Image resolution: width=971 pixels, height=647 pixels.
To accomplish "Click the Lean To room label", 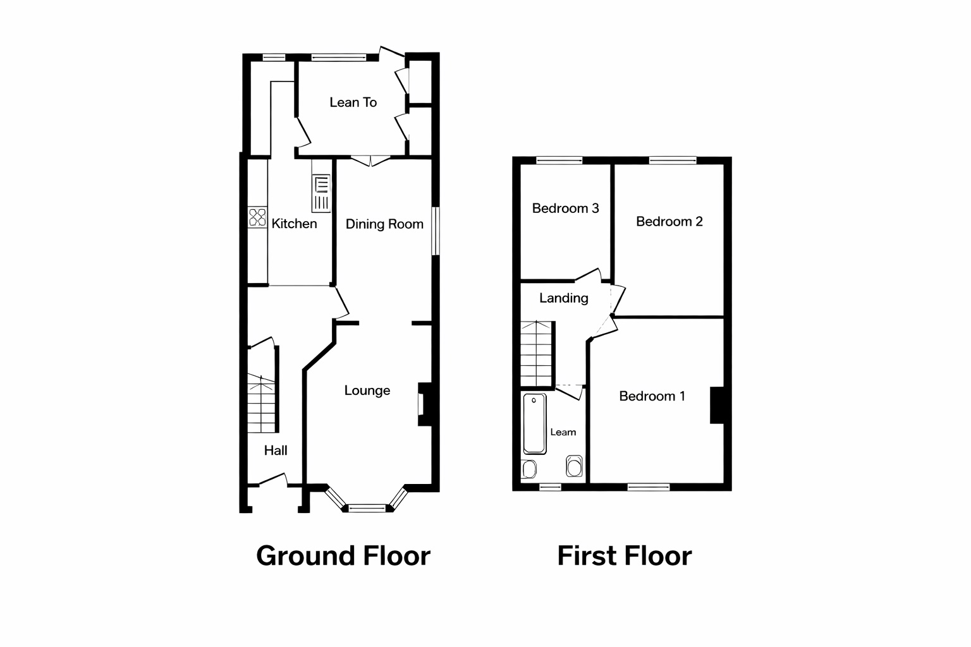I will [353, 102].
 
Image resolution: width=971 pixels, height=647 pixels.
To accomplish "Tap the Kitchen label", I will [294, 224].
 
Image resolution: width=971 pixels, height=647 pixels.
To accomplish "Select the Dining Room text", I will [384, 224].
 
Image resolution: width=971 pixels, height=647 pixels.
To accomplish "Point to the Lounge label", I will [367, 390].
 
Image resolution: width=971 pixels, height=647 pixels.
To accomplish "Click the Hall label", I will [276, 450].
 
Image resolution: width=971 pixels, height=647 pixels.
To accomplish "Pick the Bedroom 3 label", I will [565, 209].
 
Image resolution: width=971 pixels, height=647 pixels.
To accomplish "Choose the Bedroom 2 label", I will [669, 222].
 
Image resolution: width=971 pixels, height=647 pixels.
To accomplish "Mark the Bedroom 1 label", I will [652, 396].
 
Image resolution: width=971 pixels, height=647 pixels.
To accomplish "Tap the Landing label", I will [563, 298].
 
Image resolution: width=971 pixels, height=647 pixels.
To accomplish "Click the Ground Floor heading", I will [343, 556].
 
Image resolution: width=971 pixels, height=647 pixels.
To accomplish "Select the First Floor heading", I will [624, 556].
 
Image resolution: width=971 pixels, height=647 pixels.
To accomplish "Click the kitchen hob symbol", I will [257, 217].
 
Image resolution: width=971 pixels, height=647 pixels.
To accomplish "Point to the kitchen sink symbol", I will [321, 193].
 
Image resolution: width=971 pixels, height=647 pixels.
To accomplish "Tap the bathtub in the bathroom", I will [534, 423].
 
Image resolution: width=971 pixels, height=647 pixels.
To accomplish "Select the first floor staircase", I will [537, 354].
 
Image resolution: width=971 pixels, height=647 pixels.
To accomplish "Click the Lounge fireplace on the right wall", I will [423, 404].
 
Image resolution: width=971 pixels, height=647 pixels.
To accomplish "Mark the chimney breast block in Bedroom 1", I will [716, 404].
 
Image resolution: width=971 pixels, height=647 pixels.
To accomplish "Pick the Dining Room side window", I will [435, 231].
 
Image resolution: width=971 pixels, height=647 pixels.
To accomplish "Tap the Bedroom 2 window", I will [672, 160].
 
